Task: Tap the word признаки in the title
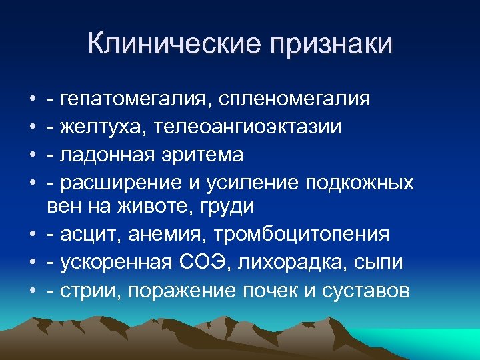(x=331, y=45)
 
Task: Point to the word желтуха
(x=98, y=127)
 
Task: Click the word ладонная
(x=103, y=155)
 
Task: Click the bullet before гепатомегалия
(x=33, y=100)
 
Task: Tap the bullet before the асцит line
(x=33, y=235)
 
